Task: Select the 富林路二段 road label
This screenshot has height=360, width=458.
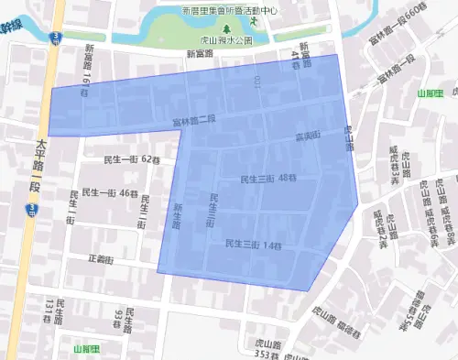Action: click(193, 121)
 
